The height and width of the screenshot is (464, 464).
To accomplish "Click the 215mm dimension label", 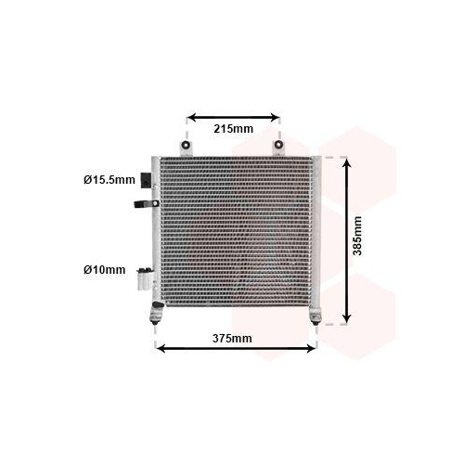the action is tap(233, 129).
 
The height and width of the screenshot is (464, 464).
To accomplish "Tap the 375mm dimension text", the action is tap(232, 339).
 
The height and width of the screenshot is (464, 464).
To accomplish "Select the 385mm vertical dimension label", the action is tap(357, 236).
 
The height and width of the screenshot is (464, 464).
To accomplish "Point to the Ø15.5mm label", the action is tap(110, 180).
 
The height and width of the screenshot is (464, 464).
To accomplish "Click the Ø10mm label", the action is tap(104, 270).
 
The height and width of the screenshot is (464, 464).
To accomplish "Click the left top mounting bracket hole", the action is tap(186, 144).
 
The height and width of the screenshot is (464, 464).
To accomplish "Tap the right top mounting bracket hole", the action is tap(278, 144).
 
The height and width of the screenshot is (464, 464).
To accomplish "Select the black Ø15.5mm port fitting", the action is tap(146, 180).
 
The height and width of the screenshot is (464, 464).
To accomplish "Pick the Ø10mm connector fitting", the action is tap(145, 278).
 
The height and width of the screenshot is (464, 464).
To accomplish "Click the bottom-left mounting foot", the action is tap(156, 315).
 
